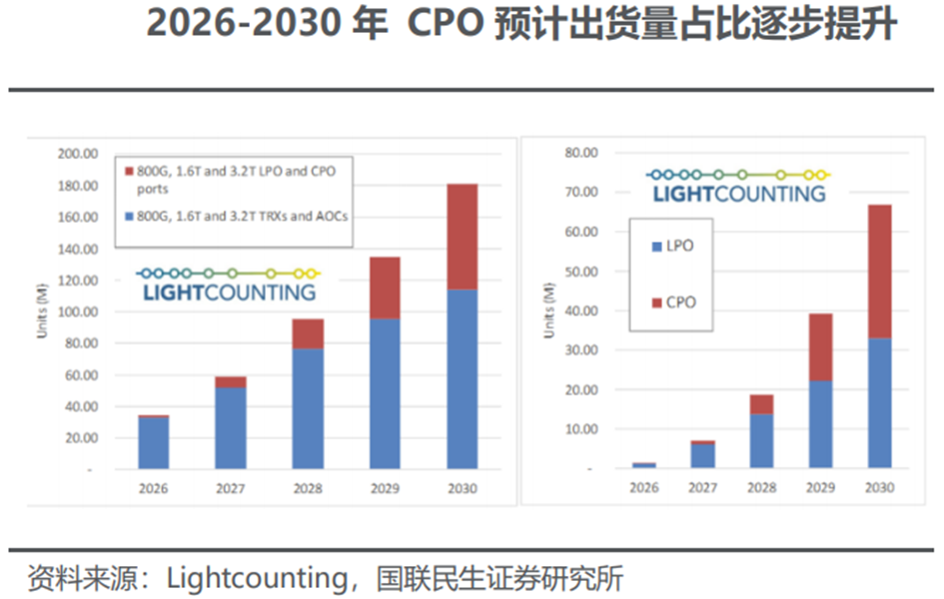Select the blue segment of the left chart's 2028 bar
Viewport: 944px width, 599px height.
(x=308, y=408)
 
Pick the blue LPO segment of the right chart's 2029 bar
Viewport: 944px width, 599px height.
(x=819, y=424)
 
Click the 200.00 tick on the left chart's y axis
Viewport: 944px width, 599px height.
(x=77, y=155)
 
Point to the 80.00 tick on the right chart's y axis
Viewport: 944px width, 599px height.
(x=579, y=154)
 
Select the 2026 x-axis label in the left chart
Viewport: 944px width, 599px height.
(x=154, y=489)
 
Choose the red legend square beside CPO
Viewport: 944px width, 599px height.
(x=655, y=301)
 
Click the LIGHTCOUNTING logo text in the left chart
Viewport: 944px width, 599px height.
(x=229, y=293)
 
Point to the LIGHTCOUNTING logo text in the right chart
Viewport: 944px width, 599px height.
(x=739, y=194)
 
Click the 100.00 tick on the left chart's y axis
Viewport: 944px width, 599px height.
(x=77, y=311)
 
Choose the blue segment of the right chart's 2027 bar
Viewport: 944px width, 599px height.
(x=702, y=455)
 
